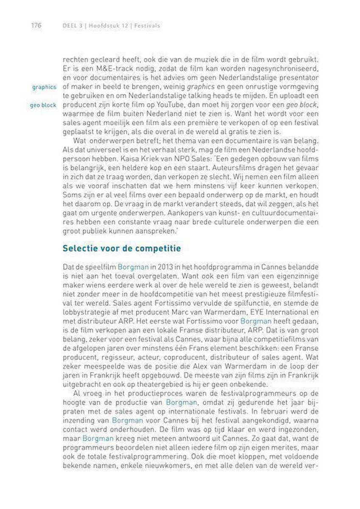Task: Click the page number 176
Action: [x=35, y=25]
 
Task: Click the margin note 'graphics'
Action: [x=44, y=87]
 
